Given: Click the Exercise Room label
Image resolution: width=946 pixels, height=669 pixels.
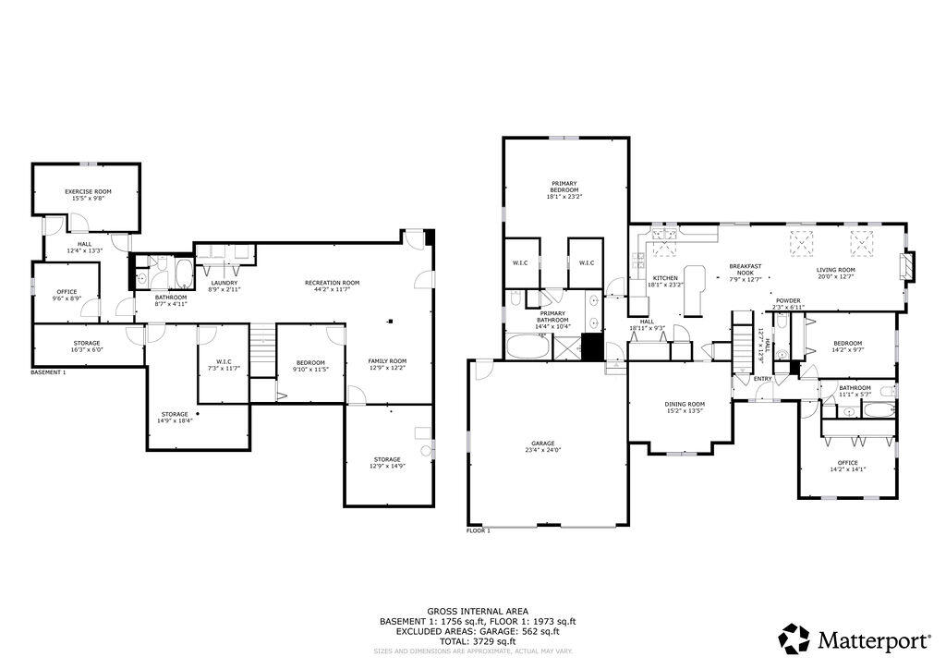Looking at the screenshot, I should (88, 191).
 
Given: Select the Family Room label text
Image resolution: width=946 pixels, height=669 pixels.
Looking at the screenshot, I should (387, 361).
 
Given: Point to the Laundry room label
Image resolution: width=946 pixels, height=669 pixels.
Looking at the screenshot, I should (224, 283).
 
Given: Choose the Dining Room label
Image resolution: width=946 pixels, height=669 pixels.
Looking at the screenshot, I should (685, 404).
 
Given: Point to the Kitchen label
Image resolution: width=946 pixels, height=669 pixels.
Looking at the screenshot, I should (665, 278).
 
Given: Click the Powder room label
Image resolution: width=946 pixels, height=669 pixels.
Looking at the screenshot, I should (788, 300).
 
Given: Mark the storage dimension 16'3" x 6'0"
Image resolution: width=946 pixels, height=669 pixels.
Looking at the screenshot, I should (88, 350).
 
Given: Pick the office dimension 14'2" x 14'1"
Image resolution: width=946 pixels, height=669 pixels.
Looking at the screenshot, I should (848, 469).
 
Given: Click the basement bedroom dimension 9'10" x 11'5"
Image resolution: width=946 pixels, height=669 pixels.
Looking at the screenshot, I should (310, 369).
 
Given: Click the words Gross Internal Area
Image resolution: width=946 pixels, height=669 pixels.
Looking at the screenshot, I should (478, 612).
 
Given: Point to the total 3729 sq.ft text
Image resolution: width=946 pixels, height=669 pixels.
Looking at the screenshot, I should (478, 641).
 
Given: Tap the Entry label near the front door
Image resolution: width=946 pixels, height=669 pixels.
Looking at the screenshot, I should (763, 378).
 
